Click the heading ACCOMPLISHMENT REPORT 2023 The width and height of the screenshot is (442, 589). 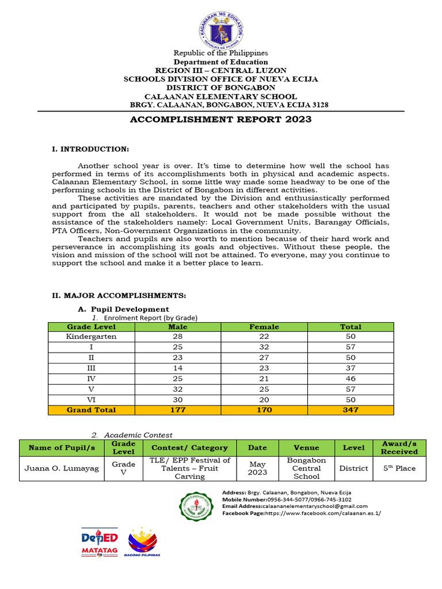pos(221,120)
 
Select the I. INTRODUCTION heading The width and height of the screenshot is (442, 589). pos(90,150)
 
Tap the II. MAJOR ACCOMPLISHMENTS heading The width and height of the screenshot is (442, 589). pos(119,296)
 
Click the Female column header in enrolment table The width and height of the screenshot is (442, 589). pos(264,327)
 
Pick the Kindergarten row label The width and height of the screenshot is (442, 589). pos(91,336)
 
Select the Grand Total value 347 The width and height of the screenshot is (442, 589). pos(350,410)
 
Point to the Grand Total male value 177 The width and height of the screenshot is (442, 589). pos(177,410)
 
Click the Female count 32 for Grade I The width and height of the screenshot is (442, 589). pos(264,347)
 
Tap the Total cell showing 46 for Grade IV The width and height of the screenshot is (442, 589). pos(350,378)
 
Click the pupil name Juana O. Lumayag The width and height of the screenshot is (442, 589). pos(61,468)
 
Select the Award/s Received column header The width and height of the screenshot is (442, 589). pos(399,448)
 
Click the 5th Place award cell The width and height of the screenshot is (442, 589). pos(399,468)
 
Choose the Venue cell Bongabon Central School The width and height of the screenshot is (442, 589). pos(306,468)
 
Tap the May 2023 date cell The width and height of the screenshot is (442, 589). pos(257,468)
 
